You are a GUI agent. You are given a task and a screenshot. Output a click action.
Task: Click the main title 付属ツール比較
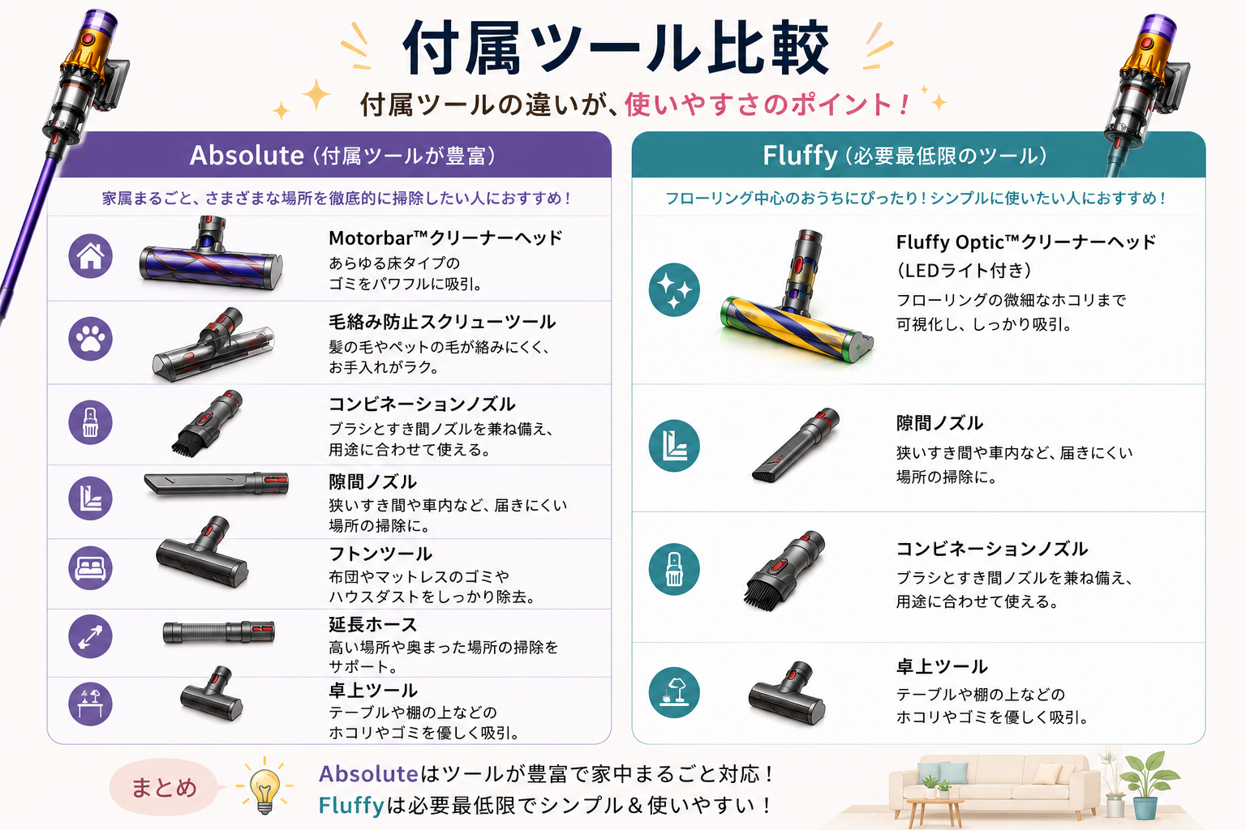click(x=616, y=48)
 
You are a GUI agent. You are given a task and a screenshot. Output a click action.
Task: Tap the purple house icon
click(x=90, y=255)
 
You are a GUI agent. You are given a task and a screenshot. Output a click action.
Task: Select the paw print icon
click(x=90, y=339)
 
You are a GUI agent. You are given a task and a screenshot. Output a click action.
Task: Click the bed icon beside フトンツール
click(x=90, y=567)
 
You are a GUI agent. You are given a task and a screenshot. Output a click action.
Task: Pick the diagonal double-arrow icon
click(x=90, y=636)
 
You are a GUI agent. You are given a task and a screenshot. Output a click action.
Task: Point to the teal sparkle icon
click(x=674, y=289)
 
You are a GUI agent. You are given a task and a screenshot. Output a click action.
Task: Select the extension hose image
click(x=218, y=633)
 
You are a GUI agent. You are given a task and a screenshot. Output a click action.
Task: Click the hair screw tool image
click(x=213, y=344)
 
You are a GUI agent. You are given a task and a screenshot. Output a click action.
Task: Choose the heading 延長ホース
click(x=372, y=624)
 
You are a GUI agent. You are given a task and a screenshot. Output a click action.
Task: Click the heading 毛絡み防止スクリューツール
click(x=442, y=322)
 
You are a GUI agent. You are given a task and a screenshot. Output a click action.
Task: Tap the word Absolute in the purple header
click(x=247, y=155)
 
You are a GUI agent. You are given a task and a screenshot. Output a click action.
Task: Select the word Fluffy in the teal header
click(x=800, y=156)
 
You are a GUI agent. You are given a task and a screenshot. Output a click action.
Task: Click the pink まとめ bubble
click(x=164, y=788)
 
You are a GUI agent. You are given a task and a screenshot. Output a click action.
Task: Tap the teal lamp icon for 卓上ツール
click(x=674, y=693)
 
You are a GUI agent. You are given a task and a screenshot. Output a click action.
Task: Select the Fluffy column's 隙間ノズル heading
click(x=939, y=424)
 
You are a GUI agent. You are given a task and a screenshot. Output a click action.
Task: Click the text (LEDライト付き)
click(x=965, y=271)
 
